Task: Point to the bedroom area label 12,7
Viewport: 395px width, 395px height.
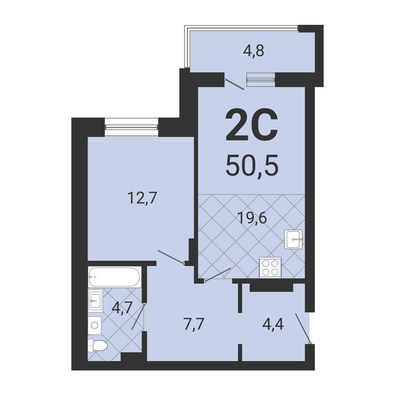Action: (x=142, y=198)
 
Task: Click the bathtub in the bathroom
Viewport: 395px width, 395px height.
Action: (x=115, y=277)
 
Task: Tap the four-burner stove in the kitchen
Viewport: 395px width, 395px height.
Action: (x=270, y=268)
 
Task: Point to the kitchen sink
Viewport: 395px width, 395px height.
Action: (x=294, y=239)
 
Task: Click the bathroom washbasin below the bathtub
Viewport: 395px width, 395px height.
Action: (x=95, y=301)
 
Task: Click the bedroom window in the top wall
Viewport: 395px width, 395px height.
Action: (x=131, y=127)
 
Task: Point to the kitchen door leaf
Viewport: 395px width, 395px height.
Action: (x=217, y=275)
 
